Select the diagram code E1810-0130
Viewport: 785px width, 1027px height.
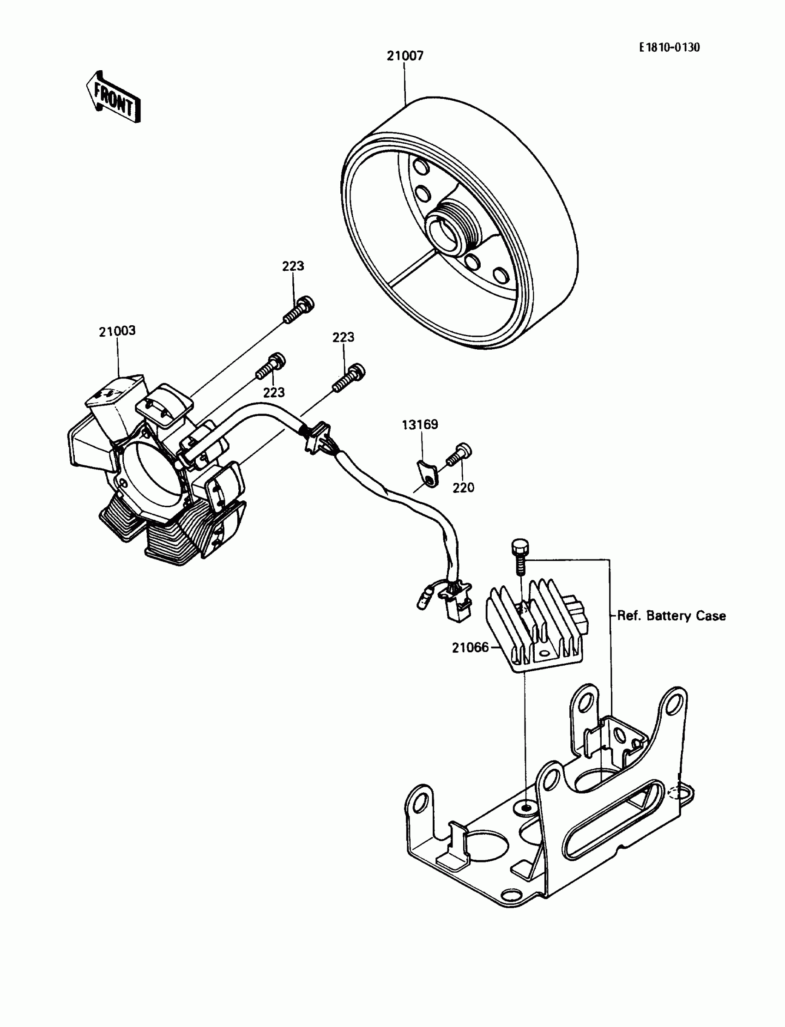click(x=670, y=48)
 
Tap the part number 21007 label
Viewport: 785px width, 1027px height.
click(x=405, y=56)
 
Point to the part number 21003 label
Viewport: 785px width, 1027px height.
click(x=117, y=331)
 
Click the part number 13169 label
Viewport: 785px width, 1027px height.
click(x=420, y=425)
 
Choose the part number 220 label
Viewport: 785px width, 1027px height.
click(x=463, y=487)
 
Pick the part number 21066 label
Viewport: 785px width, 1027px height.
click(x=470, y=647)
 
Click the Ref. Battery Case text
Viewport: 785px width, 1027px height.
click(x=671, y=616)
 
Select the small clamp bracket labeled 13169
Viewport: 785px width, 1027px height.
click(x=427, y=474)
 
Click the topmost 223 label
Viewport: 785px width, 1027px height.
click(x=293, y=266)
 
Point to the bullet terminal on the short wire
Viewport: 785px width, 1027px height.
click(x=423, y=600)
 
